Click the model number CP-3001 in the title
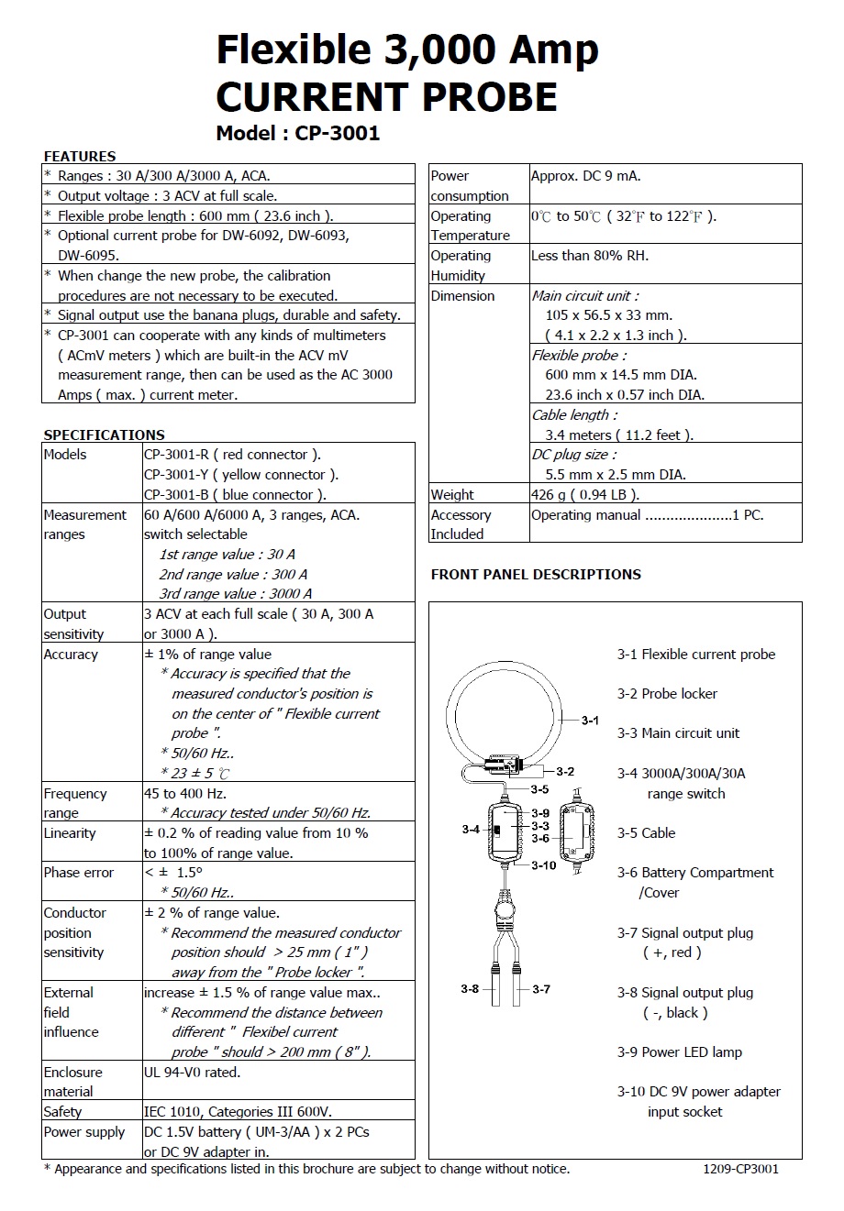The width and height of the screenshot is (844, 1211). tap(337, 133)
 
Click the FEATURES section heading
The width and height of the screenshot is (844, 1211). tap(80, 156)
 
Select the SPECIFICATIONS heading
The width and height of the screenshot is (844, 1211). tap(104, 435)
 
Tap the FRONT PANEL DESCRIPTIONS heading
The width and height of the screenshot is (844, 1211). tap(536, 575)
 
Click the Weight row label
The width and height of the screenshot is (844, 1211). tap(452, 495)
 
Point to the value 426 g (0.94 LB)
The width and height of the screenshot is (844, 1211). tap(585, 495)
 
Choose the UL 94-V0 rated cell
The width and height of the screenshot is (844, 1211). tap(192, 1072)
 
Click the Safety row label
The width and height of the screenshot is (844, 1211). tap(62, 1112)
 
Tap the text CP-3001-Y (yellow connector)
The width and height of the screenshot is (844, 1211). tap(241, 475)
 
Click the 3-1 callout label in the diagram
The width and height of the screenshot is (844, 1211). tap(590, 721)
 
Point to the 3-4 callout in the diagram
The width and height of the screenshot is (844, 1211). tap(470, 829)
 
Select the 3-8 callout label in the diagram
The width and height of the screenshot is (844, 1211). tap(470, 988)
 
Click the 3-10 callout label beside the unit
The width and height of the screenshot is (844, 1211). tap(544, 865)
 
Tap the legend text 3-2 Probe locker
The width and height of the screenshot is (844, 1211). tap(667, 694)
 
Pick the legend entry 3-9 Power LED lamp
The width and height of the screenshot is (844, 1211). tap(679, 1052)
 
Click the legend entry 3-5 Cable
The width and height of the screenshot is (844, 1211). tap(646, 833)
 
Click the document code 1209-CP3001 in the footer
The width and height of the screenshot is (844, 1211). tap(740, 1169)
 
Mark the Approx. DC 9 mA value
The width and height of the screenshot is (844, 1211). tap(585, 176)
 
